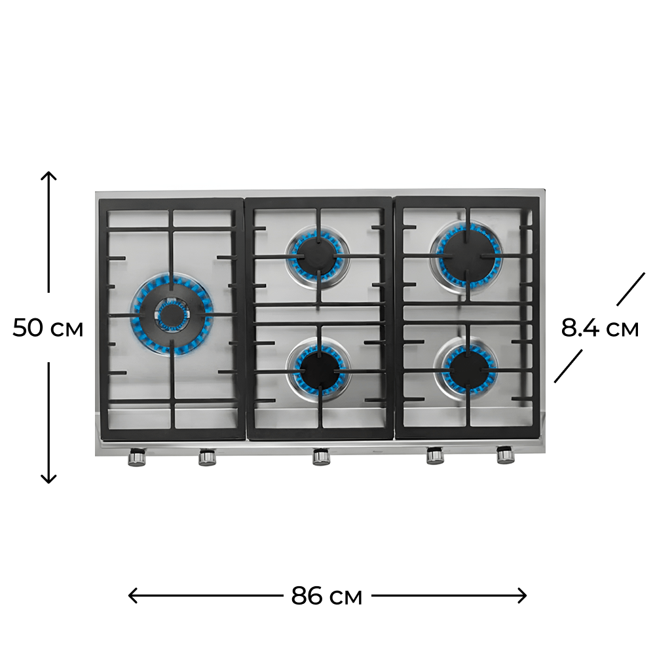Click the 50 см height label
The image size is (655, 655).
pyautogui.click(x=48, y=327)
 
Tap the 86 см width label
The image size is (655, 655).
pyautogui.click(x=327, y=595)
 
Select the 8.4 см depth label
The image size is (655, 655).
pyautogui.click(x=600, y=327)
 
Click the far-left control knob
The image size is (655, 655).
pyautogui.click(x=137, y=457)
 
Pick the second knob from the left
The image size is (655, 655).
pyautogui.click(x=207, y=457)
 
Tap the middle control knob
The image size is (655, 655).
pyautogui.click(x=321, y=457)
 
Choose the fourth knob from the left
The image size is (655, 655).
pyautogui.click(x=436, y=456)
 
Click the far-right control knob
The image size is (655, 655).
pyautogui.click(x=506, y=455)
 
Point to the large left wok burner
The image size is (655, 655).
pyautogui.click(x=172, y=314)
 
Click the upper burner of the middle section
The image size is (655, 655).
pyautogui.click(x=318, y=256)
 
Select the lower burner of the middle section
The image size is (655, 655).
pyautogui.click(x=319, y=369)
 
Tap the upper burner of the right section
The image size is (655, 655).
pyautogui.click(x=467, y=255)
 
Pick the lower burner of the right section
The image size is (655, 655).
pyautogui.click(x=466, y=368)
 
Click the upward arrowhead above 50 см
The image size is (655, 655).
pyautogui.click(x=48, y=176)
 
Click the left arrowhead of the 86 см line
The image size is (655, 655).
pyautogui.click(x=133, y=595)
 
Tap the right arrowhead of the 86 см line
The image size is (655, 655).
pyautogui.click(x=522, y=595)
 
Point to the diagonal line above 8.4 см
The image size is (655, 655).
pyautogui.click(x=631, y=289)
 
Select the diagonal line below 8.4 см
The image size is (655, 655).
pyautogui.click(x=568, y=366)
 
